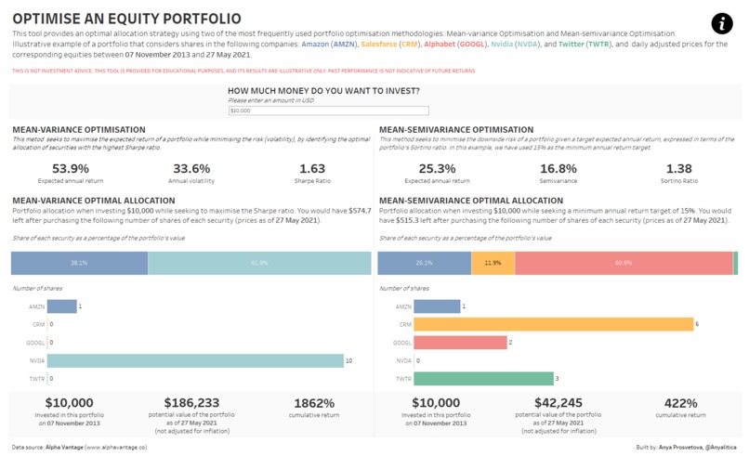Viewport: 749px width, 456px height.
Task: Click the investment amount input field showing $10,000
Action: (x=315, y=111)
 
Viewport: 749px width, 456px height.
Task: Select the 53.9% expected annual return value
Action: (x=71, y=168)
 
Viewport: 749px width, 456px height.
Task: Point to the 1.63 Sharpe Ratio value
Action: (x=312, y=168)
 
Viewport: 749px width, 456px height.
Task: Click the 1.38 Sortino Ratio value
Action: (x=679, y=168)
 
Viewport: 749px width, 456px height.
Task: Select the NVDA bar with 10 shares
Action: (x=196, y=360)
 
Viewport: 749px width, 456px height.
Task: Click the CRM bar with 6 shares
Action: (x=554, y=324)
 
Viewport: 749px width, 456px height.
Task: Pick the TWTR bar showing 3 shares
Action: (x=483, y=379)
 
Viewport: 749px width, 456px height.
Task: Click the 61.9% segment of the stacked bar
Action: (x=259, y=263)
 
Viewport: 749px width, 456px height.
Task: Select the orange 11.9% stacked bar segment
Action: (x=493, y=263)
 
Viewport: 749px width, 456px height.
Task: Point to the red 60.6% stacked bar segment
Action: (x=623, y=263)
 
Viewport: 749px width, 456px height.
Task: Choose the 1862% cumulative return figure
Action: (x=313, y=402)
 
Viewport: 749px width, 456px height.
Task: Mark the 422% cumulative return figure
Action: (x=679, y=402)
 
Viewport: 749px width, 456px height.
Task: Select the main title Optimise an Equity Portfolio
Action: (x=126, y=19)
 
